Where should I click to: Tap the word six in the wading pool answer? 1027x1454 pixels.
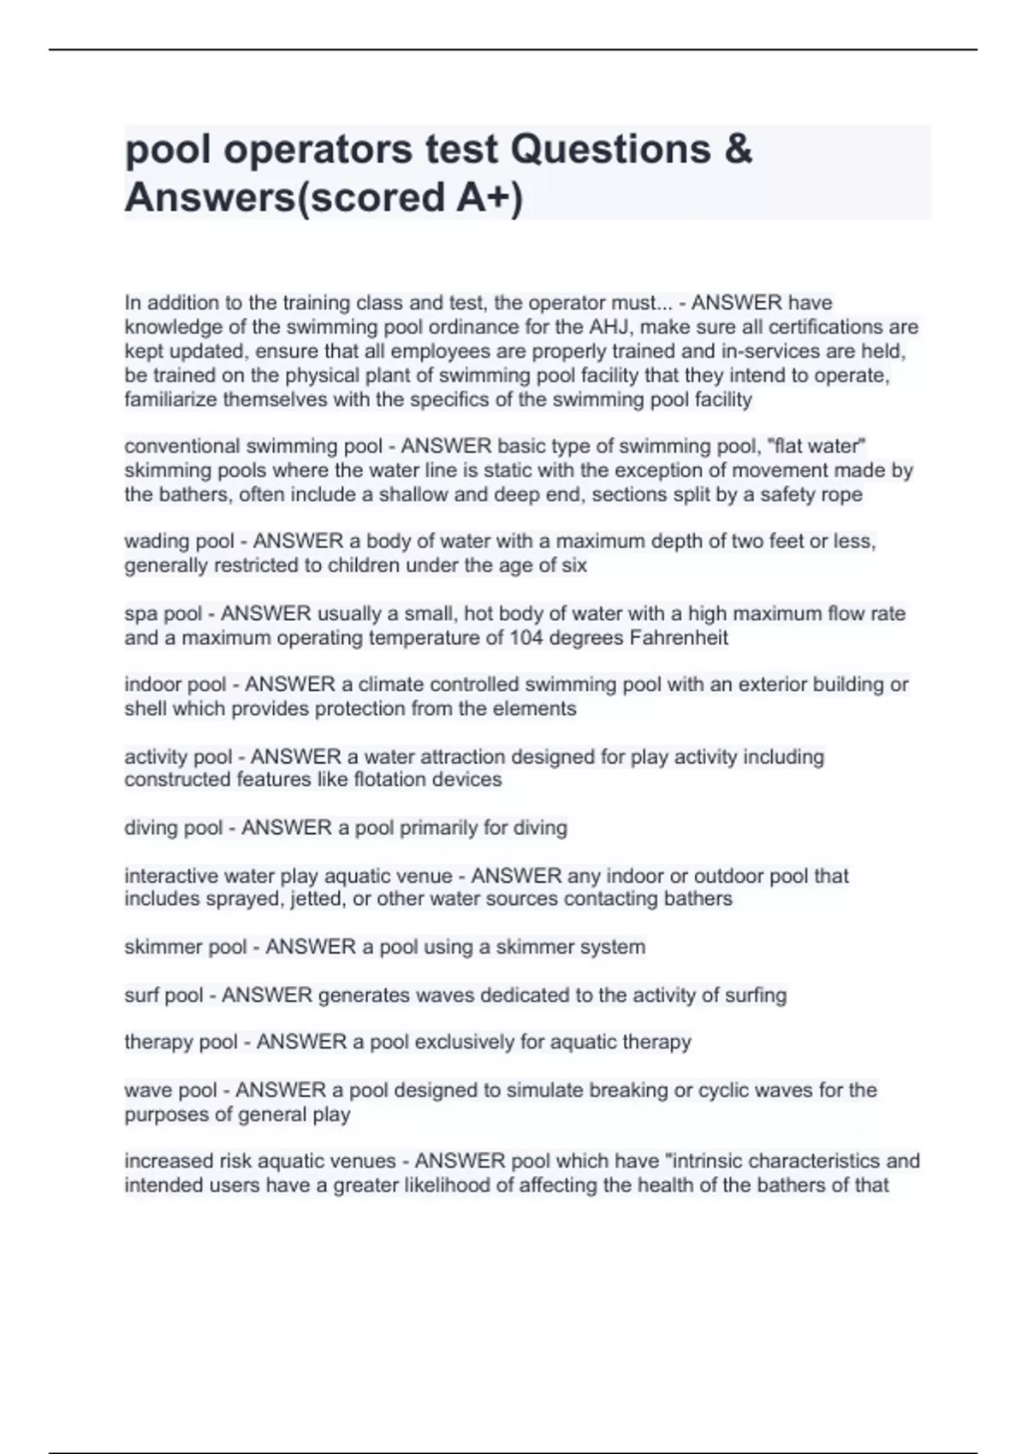[x=573, y=565]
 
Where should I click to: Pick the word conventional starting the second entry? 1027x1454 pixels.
[x=181, y=446]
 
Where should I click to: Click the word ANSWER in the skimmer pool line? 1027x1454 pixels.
[x=311, y=947]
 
